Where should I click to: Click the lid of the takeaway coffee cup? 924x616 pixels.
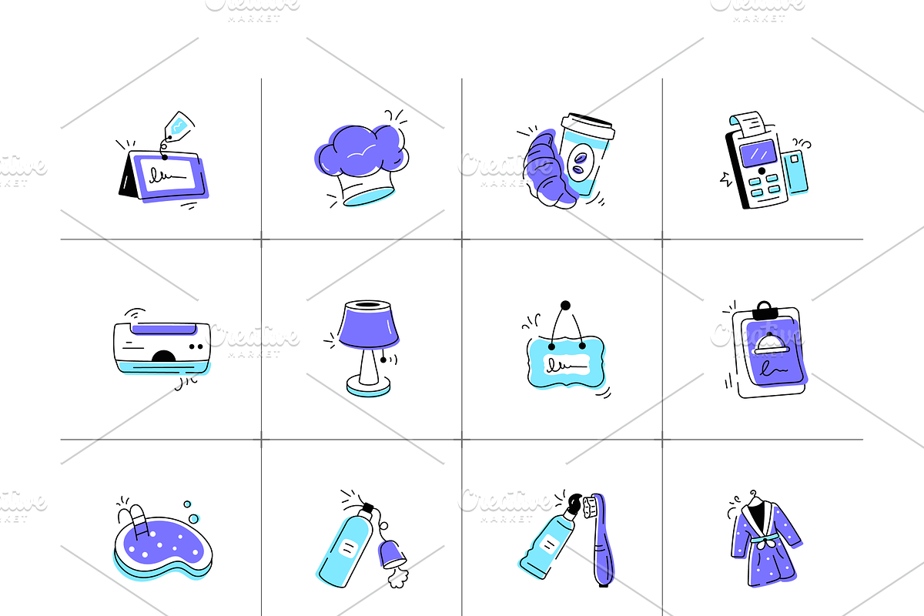588,124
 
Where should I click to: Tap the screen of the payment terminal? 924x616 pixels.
762,149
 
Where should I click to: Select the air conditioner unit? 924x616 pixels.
162,346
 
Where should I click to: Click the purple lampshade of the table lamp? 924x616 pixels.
368,324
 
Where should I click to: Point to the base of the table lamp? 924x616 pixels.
367,385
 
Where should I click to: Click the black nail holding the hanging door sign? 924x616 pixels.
566,306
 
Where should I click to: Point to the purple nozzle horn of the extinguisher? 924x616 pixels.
391,553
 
